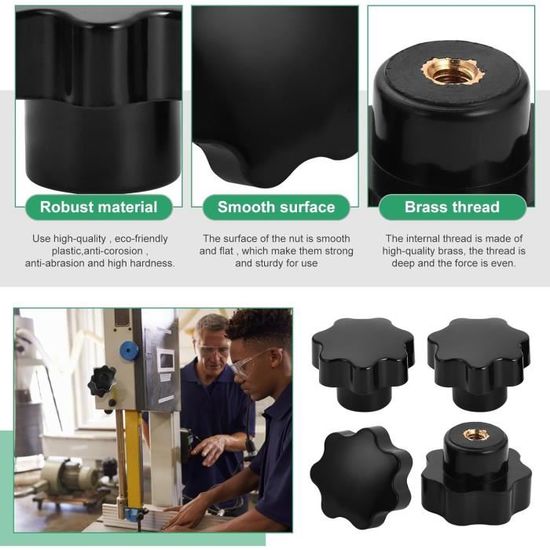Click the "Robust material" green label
click(99, 207)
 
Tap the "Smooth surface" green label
click(276, 207)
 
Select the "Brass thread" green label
click(452, 207)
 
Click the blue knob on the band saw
click(128, 351)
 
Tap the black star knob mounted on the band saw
click(102, 381)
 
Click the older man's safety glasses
click(212, 352)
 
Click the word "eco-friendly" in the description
click(141, 239)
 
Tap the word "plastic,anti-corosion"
click(97, 251)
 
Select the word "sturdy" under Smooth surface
click(270, 263)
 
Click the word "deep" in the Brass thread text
click(403, 263)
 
